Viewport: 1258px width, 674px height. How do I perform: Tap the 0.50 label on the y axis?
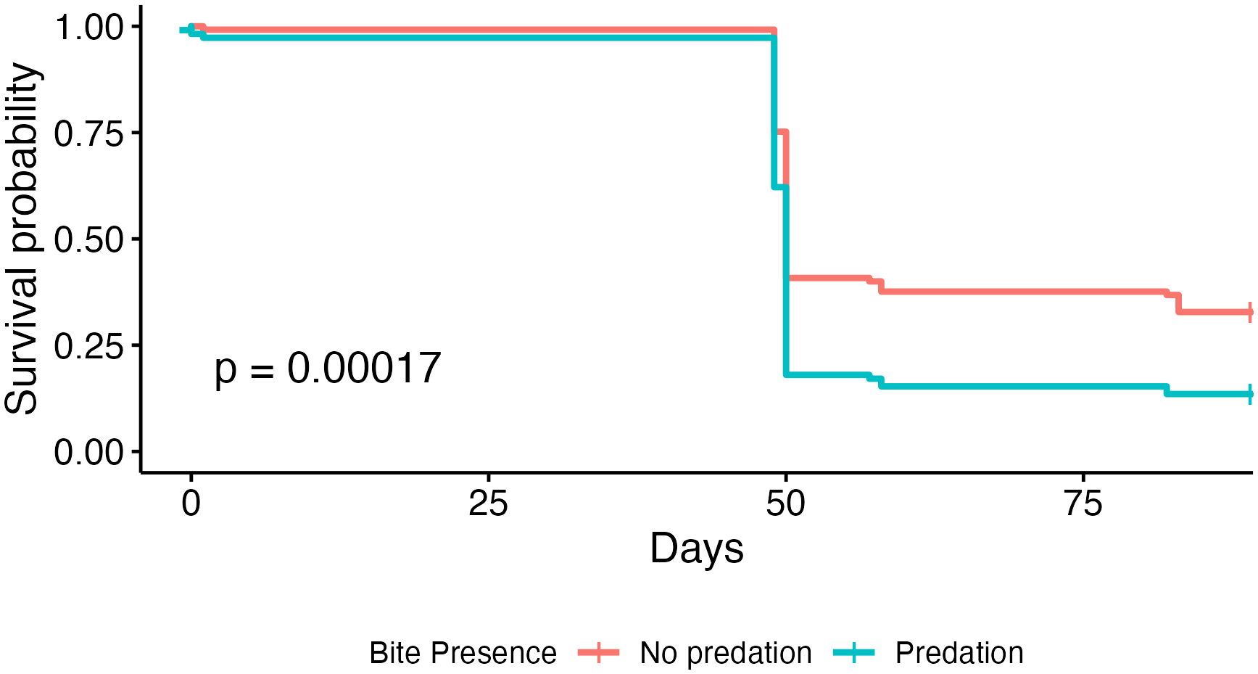point(88,240)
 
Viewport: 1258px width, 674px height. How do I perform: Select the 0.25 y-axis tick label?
point(88,346)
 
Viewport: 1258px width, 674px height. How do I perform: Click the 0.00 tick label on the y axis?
point(88,453)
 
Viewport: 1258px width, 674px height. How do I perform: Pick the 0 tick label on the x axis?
point(191,504)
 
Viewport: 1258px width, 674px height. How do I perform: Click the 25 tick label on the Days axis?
point(488,504)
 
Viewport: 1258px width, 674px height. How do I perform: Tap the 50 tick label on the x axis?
point(785,504)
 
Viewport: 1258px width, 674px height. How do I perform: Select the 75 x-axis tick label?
point(1083,504)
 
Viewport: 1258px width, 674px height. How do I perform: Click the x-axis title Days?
point(696,548)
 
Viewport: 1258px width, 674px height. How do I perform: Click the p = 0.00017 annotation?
point(328,369)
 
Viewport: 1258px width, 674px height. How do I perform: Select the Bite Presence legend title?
point(463,653)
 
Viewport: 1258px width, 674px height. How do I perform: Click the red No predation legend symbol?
point(599,652)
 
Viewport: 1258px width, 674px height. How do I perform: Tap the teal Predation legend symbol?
point(854,652)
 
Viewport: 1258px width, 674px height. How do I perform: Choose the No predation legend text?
point(725,653)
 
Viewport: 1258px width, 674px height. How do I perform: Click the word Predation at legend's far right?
point(959,653)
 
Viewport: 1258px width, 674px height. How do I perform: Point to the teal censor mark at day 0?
point(191,30)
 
